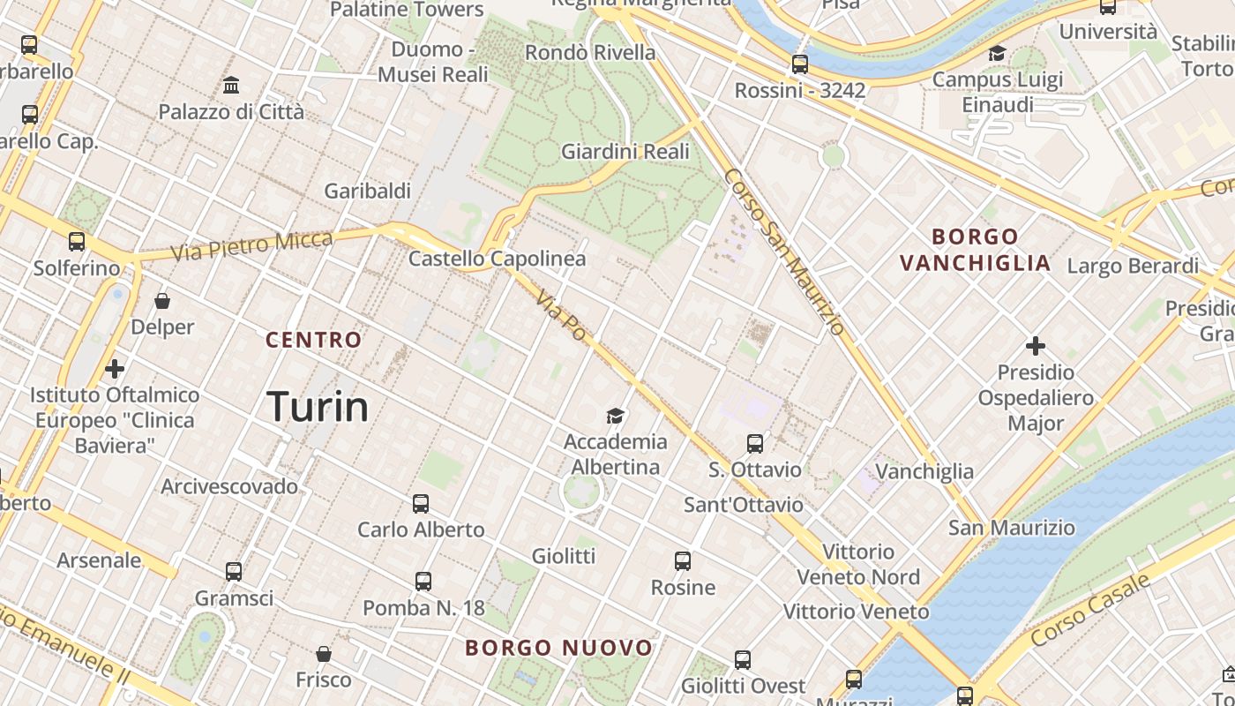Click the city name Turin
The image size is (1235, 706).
pyautogui.click(x=318, y=407)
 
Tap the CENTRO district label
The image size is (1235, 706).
pyautogui.click(x=314, y=340)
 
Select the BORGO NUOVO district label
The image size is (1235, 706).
pyautogui.click(x=559, y=648)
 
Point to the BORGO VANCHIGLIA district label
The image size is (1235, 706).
pyautogui.click(x=976, y=250)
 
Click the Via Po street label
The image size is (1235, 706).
pyautogui.click(x=561, y=316)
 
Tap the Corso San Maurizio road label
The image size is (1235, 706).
pyautogui.click(x=784, y=252)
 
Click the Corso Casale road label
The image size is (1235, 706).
pyautogui.click(x=1090, y=608)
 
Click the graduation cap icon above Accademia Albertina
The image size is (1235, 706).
pyautogui.click(x=615, y=416)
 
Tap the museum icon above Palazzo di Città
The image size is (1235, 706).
pyautogui.click(x=231, y=86)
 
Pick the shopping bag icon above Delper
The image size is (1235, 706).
pyautogui.click(x=162, y=301)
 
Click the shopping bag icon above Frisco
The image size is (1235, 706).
pyautogui.click(x=324, y=654)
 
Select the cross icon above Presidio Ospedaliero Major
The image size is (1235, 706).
pyautogui.click(x=1036, y=346)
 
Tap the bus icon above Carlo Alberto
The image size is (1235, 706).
pyautogui.click(x=421, y=504)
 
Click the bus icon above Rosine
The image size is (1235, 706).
pyautogui.click(x=683, y=561)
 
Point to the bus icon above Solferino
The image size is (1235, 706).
pyautogui.click(x=77, y=242)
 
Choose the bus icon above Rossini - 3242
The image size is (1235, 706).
pyautogui.click(x=800, y=64)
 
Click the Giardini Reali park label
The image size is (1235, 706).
pyautogui.click(x=625, y=152)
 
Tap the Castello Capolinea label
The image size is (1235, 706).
pyautogui.click(x=498, y=259)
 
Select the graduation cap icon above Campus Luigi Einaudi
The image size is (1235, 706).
pyautogui.click(x=997, y=54)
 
